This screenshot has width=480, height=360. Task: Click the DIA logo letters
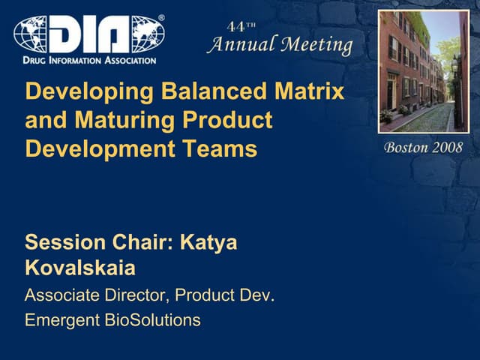tap(89, 34)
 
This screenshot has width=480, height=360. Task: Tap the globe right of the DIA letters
tap(147, 34)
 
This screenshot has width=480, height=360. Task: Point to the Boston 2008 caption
tap(423, 147)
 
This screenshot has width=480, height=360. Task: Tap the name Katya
tap(213, 242)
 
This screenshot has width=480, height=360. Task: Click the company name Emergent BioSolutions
tap(112, 321)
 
